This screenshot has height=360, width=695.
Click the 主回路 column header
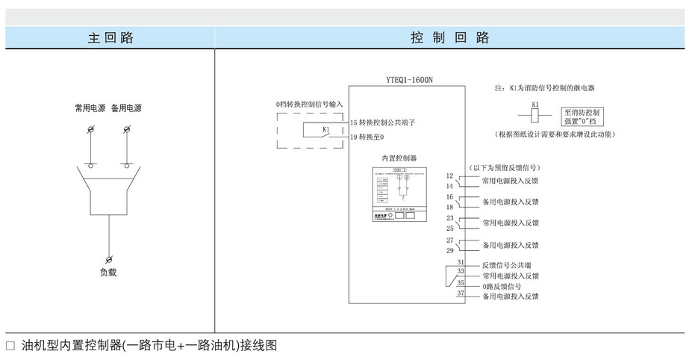pos(110,37)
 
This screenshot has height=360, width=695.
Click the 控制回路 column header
pos(449,37)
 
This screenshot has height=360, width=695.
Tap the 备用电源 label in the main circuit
pos(126,108)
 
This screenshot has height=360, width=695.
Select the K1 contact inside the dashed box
pos(324,130)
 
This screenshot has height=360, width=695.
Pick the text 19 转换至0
pos(367,137)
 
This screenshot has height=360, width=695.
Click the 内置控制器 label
pos(399,158)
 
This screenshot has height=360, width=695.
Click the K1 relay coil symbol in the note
pos(535,116)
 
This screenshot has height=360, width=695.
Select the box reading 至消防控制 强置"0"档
pos(584,116)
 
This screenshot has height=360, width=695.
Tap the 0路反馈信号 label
pos(502,286)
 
